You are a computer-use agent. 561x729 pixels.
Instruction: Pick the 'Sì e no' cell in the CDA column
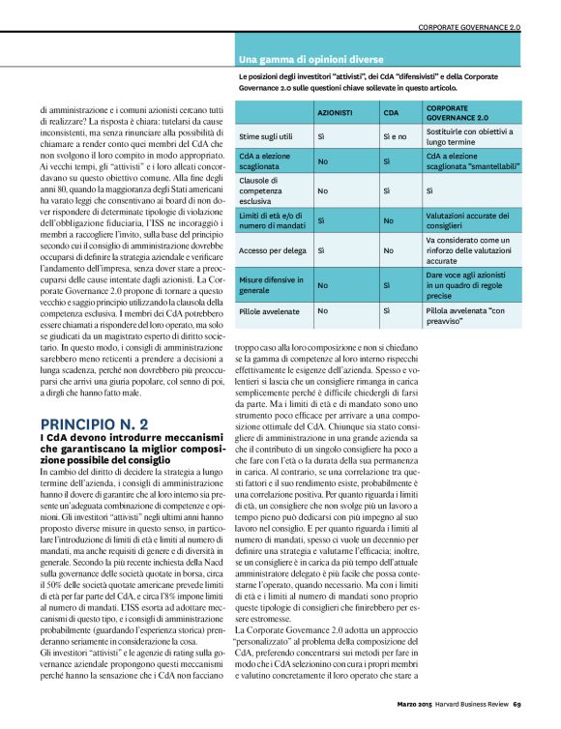point(396,137)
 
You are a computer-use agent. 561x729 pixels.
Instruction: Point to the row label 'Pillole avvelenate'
point(270,311)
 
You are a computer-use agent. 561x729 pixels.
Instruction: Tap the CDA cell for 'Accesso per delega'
point(388,250)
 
